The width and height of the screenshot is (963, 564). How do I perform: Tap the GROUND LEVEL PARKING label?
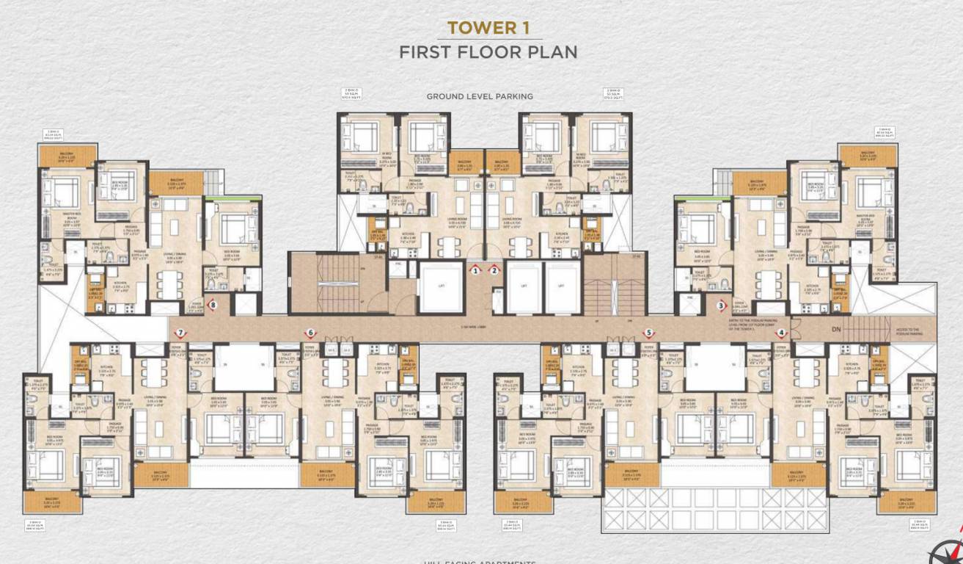[x=480, y=96]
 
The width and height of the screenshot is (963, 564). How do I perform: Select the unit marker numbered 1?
[x=476, y=270]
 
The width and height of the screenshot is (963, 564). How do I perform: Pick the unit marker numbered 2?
[x=495, y=270]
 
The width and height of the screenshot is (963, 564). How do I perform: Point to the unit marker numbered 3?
[x=721, y=305]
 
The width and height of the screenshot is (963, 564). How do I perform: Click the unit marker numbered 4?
[x=780, y=333]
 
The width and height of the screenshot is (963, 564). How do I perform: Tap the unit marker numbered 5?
[x=648, y=333]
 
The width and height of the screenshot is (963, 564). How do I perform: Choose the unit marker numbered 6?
[x=311, y=333]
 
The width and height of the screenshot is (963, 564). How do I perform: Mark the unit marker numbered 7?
[x=180, y=333]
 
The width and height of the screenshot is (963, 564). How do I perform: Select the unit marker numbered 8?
[x=213, y=305]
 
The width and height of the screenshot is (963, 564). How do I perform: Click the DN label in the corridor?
[x=835, y=330]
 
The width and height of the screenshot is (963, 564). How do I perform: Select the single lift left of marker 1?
[x=441, y=286]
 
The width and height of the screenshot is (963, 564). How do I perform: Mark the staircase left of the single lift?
[x=338, y=283]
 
